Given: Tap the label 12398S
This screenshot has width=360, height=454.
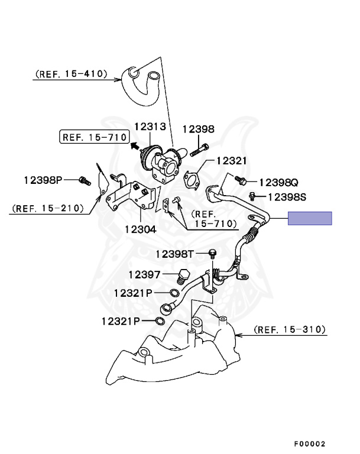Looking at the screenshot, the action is point(287,196).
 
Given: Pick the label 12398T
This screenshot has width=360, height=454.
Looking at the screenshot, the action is point(175,254).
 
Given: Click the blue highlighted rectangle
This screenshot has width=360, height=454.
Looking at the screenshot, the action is point(310,218).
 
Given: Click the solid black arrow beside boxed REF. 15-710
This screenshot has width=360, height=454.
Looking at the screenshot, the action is point(135,144).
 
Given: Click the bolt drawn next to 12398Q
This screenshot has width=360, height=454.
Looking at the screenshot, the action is point(240,179).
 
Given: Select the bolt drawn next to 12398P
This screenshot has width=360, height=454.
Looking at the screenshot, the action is point(84,179).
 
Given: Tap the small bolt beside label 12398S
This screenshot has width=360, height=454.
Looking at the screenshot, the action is point(252,194).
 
